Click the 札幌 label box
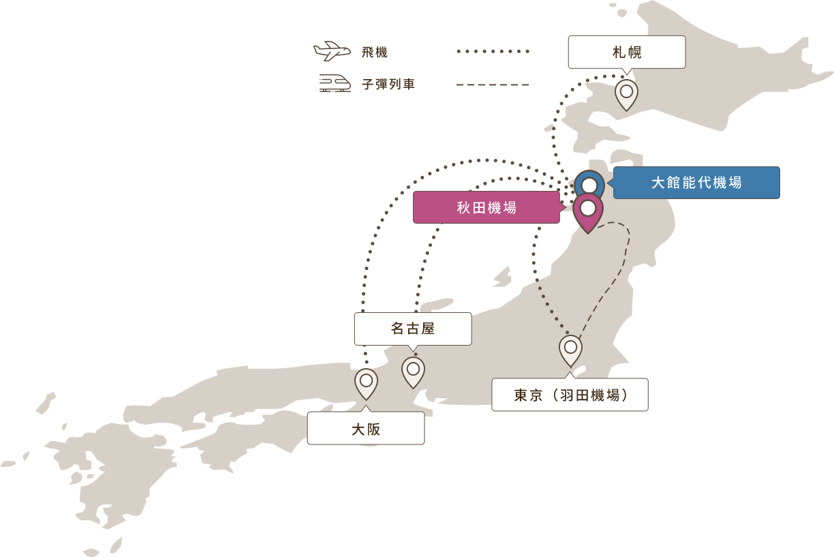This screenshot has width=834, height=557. (627, 52)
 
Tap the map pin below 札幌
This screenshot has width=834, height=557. (626, 93)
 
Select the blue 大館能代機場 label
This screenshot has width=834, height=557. (696, 183)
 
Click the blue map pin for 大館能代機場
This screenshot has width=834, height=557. (589, 184)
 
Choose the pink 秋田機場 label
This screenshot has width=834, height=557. (486, 207)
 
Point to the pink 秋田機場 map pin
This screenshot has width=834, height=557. (588, 210)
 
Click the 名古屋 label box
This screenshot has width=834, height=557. (413, 329)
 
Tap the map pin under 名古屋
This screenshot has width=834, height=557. (413, 370)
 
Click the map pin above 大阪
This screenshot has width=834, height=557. (366, 382)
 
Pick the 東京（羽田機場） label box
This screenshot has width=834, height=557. (570, 395)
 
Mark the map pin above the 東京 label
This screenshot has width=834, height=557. (570, 348)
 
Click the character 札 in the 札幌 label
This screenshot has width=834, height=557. (619, 52)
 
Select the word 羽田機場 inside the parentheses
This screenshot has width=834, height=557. (590, 395)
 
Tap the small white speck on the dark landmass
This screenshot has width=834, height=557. (332, 55)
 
